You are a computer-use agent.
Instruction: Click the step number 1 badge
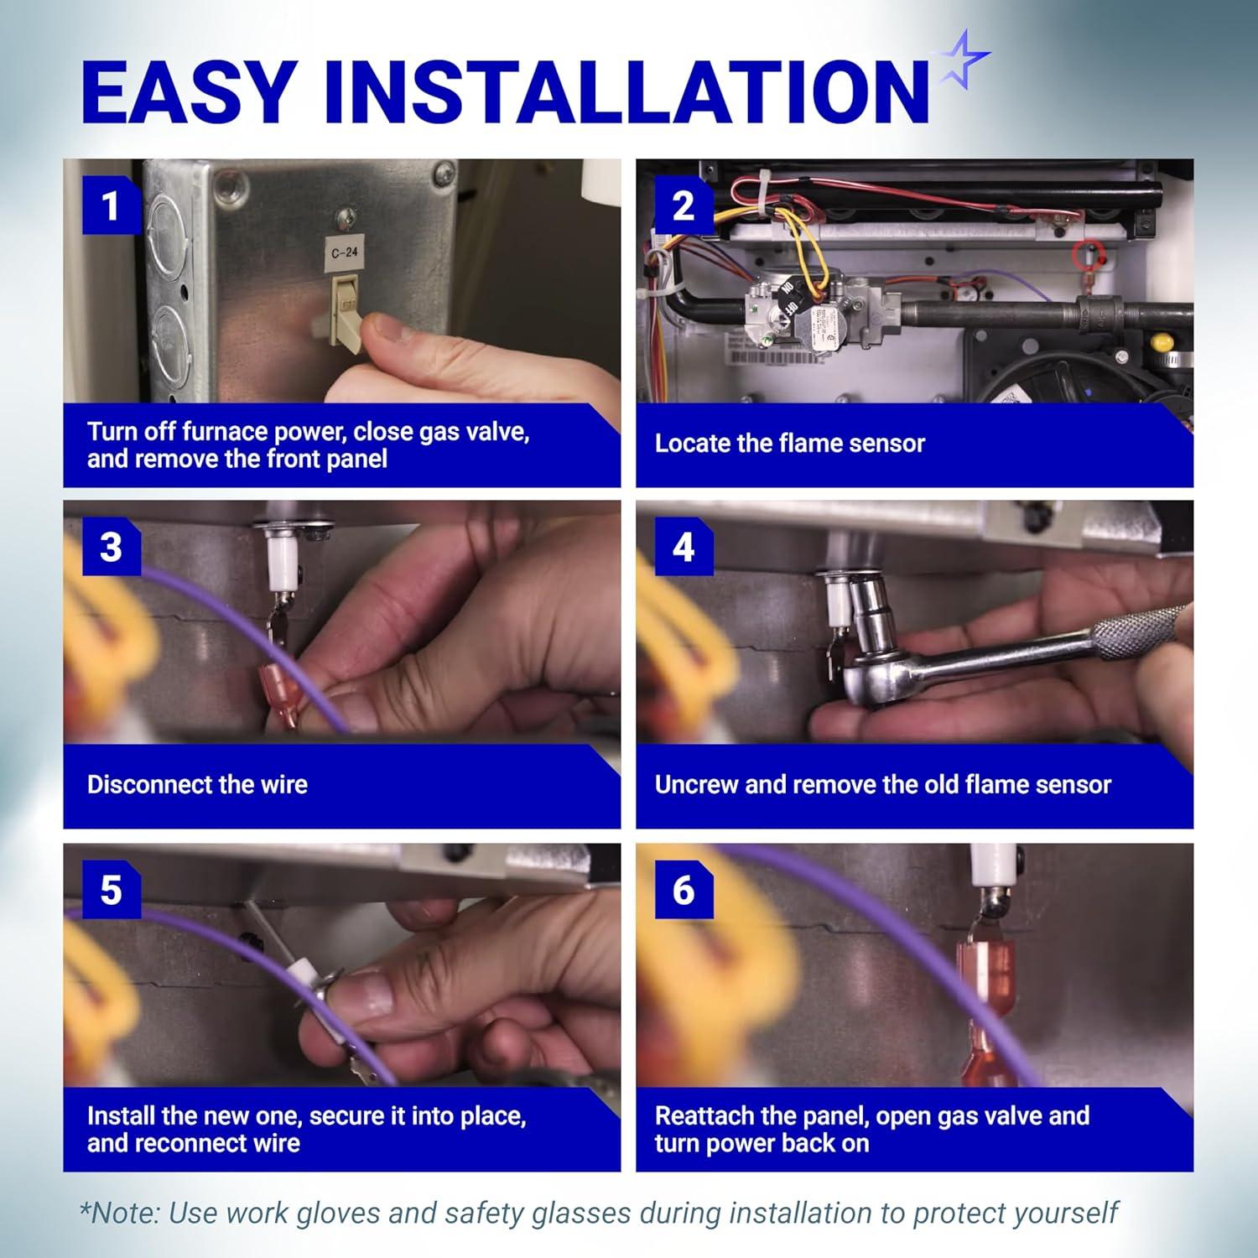[111, 205]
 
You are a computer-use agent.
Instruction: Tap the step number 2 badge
[684, 205]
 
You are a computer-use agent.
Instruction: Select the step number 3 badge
[111, 547]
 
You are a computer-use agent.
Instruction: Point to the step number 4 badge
[684, 547]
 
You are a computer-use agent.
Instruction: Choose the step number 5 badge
[111, 890]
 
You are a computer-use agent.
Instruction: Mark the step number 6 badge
[684, 890]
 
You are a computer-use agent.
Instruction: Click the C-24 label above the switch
[345, 252]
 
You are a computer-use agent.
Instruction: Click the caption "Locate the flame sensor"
[789, 443]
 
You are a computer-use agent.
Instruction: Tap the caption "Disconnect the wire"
[197, 784]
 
